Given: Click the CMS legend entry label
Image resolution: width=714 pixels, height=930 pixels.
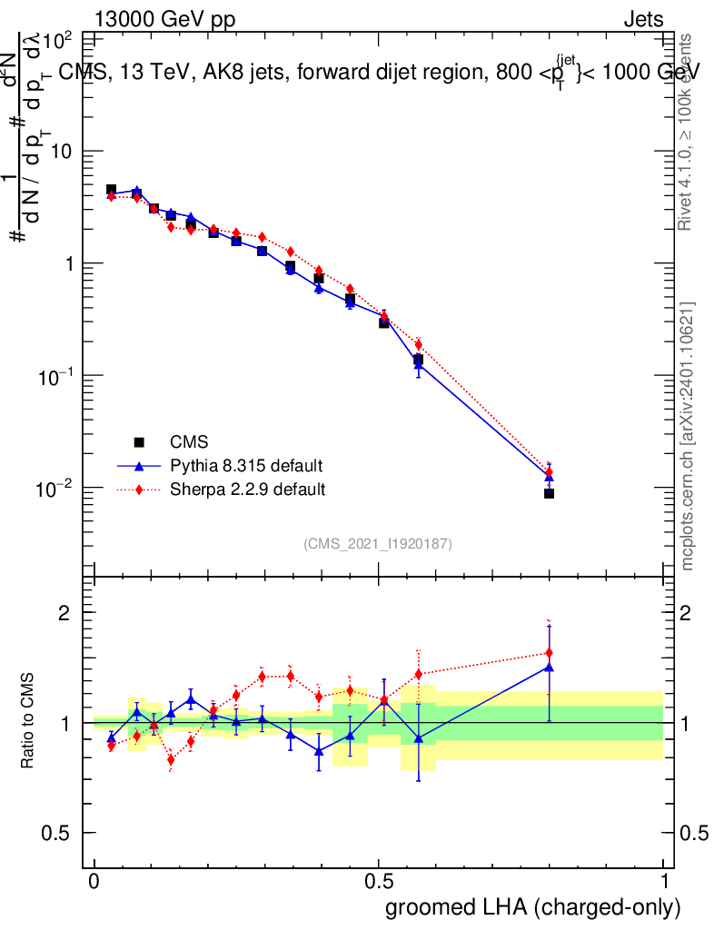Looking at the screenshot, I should pos(190,442).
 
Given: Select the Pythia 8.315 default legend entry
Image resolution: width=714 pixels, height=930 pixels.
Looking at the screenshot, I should pos(246,466).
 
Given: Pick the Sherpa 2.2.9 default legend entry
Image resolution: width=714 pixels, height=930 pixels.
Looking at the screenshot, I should pos(248,490).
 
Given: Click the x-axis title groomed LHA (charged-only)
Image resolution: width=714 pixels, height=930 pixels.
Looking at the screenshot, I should pos(533,908).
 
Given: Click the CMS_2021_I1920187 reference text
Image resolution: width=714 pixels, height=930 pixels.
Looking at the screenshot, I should pos(378,543).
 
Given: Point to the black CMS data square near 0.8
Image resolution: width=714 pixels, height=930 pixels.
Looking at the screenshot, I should pos(550,493).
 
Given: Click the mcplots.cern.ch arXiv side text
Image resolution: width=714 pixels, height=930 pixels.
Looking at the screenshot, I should pos(689,436).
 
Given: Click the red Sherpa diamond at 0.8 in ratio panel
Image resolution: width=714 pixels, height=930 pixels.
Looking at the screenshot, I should pos(549,652).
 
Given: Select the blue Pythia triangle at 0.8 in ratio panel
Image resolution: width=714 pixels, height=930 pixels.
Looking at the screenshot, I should pos(549,667).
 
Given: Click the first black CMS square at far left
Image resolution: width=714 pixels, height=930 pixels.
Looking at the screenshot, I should pos(111,190).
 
